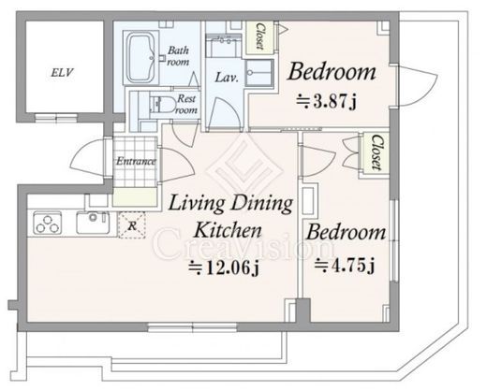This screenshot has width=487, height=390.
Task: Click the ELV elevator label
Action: (62, 73)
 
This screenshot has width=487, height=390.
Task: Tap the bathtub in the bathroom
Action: (141, 58)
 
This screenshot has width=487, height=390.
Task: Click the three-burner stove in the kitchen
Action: (47, 223)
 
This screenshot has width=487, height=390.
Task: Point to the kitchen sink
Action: (93, 223)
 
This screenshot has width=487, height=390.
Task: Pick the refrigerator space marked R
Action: (132, 225)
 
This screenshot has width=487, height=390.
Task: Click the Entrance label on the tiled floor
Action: (136, 161)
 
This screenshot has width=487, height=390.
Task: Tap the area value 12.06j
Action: (224, 267)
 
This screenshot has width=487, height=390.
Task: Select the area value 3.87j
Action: (326, 101)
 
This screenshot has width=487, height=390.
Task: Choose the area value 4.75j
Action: (345, 266)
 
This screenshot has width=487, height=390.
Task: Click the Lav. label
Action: (227, 78)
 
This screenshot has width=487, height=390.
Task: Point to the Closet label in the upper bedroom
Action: (259, 36)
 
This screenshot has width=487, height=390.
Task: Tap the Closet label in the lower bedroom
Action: (376, 152)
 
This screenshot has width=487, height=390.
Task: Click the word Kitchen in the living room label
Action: (228, 230)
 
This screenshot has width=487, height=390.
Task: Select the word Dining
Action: (261, 204)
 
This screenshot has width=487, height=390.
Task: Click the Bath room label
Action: (178, 56)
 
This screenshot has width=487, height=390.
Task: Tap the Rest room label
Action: (186, 104)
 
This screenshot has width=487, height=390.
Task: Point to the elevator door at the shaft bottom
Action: (56, 118)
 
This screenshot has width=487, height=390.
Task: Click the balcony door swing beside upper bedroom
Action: (418, 86)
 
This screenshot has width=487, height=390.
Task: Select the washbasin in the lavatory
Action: (259, 73)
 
